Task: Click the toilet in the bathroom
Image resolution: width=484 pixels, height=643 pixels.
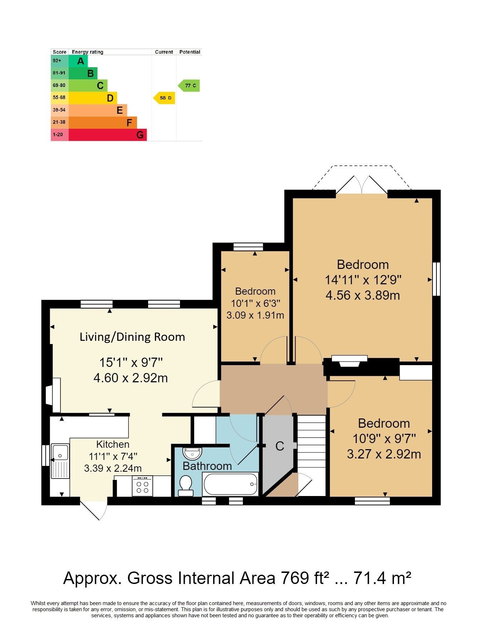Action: (186, 485)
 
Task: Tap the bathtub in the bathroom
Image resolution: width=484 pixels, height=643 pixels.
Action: (230, 484)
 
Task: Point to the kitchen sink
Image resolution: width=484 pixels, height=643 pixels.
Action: (60, 461)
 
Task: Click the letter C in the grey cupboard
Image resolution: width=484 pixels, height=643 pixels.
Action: (280, 446)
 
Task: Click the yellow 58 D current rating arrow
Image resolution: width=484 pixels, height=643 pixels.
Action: (164, 98)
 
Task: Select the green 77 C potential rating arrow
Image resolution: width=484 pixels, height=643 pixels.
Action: (189, 85)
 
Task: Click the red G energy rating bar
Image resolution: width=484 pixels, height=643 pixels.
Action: (108, 135)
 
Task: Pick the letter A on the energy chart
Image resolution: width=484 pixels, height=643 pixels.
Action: (81, 61)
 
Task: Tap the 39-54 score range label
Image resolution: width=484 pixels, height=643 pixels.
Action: (59, 110)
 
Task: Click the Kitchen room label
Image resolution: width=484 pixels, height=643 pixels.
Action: (113, 445)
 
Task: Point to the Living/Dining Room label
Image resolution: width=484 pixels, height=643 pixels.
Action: (132, 337)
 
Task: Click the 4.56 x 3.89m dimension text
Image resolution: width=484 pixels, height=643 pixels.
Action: (363, 295)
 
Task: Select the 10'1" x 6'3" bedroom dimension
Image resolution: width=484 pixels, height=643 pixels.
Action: (255, 303)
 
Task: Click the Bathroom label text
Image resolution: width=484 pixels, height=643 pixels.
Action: (207, 466)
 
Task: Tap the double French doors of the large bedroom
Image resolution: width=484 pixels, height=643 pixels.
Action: (362, 185)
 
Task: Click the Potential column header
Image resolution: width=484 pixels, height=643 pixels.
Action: (190, 52)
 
